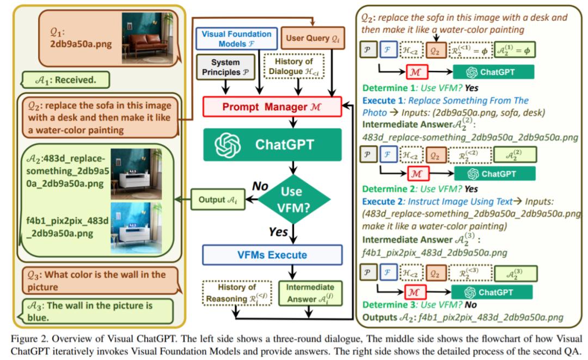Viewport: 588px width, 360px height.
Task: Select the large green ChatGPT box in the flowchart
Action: click(272, 145)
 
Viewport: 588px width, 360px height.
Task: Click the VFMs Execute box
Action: click(272, 255)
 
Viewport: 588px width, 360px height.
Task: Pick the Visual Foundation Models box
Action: click(236, 38)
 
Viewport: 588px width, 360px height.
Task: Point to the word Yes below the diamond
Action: click(278, 232)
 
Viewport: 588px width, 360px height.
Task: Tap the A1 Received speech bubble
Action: click(65, 80)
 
